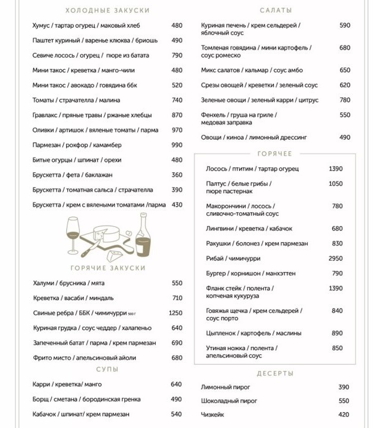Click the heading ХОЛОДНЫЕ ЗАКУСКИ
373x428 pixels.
coord(107,10)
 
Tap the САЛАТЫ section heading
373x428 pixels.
coord(276,10)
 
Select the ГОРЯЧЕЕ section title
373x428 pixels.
coord(275,153)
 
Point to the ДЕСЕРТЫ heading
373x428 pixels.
coord(275,373)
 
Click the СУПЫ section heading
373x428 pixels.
coord(107,369)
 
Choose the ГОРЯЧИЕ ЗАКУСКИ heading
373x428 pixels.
coord(108,268)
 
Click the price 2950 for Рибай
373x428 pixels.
coord(336,259)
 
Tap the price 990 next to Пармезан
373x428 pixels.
coord(177,145)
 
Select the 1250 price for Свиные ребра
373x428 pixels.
coord(176,313)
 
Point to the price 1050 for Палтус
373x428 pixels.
coord(336,183)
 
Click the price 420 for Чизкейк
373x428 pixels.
coord(344,415)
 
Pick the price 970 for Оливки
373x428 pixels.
coord(177,130)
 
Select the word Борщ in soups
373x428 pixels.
coord(42,399)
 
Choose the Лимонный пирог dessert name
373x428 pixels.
coord(225,387)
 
